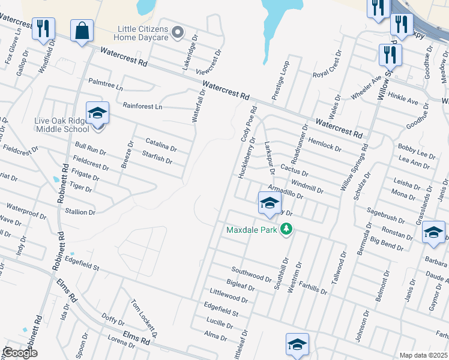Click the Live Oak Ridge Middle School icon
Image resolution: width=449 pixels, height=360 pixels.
point(97,113)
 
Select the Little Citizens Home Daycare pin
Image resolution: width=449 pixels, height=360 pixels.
point(177,32)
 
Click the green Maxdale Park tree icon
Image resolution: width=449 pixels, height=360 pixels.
point(287,229)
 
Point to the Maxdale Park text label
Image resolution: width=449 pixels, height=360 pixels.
point(252,230)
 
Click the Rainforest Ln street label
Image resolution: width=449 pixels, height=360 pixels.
point(142,106)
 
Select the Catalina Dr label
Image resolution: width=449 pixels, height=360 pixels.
point(161,144)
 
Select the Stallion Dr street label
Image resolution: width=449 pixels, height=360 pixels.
point(80,212)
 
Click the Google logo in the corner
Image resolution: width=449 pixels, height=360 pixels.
point(20,353)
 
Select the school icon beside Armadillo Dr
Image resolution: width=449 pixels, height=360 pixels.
point(270,203)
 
